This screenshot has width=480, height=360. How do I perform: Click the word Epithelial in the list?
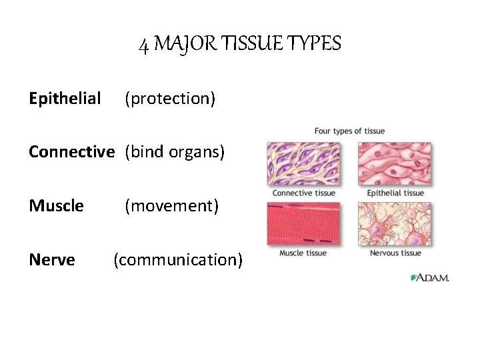coord(65,99)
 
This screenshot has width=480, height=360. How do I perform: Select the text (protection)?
coord(170,99)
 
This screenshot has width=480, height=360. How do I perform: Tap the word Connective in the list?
coord(71,152)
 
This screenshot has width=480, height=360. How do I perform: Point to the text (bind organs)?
coord(175,152)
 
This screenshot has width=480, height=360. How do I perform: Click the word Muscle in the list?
coord(56,205)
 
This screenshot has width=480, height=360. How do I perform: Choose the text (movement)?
coord(172,206)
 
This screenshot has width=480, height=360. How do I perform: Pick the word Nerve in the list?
coord(51,259)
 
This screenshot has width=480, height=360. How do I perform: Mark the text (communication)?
coord(177,259)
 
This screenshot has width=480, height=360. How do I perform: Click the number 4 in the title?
coord(143,45)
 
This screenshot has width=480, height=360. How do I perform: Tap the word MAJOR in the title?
coord(176,44)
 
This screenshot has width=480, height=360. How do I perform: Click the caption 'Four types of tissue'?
coord(349,131)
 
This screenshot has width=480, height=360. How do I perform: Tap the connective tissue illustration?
coord(303,163)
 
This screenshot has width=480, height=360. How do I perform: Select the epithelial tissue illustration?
coord(395,163)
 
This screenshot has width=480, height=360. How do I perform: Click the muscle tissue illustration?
coord(303,223)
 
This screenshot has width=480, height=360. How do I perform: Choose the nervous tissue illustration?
coord(395,223)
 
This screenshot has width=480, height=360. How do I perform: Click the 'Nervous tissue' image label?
coord(395,253)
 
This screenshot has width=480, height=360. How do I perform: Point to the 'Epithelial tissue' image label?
coord(395,193)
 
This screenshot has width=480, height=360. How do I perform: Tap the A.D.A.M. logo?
coord(429,277)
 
